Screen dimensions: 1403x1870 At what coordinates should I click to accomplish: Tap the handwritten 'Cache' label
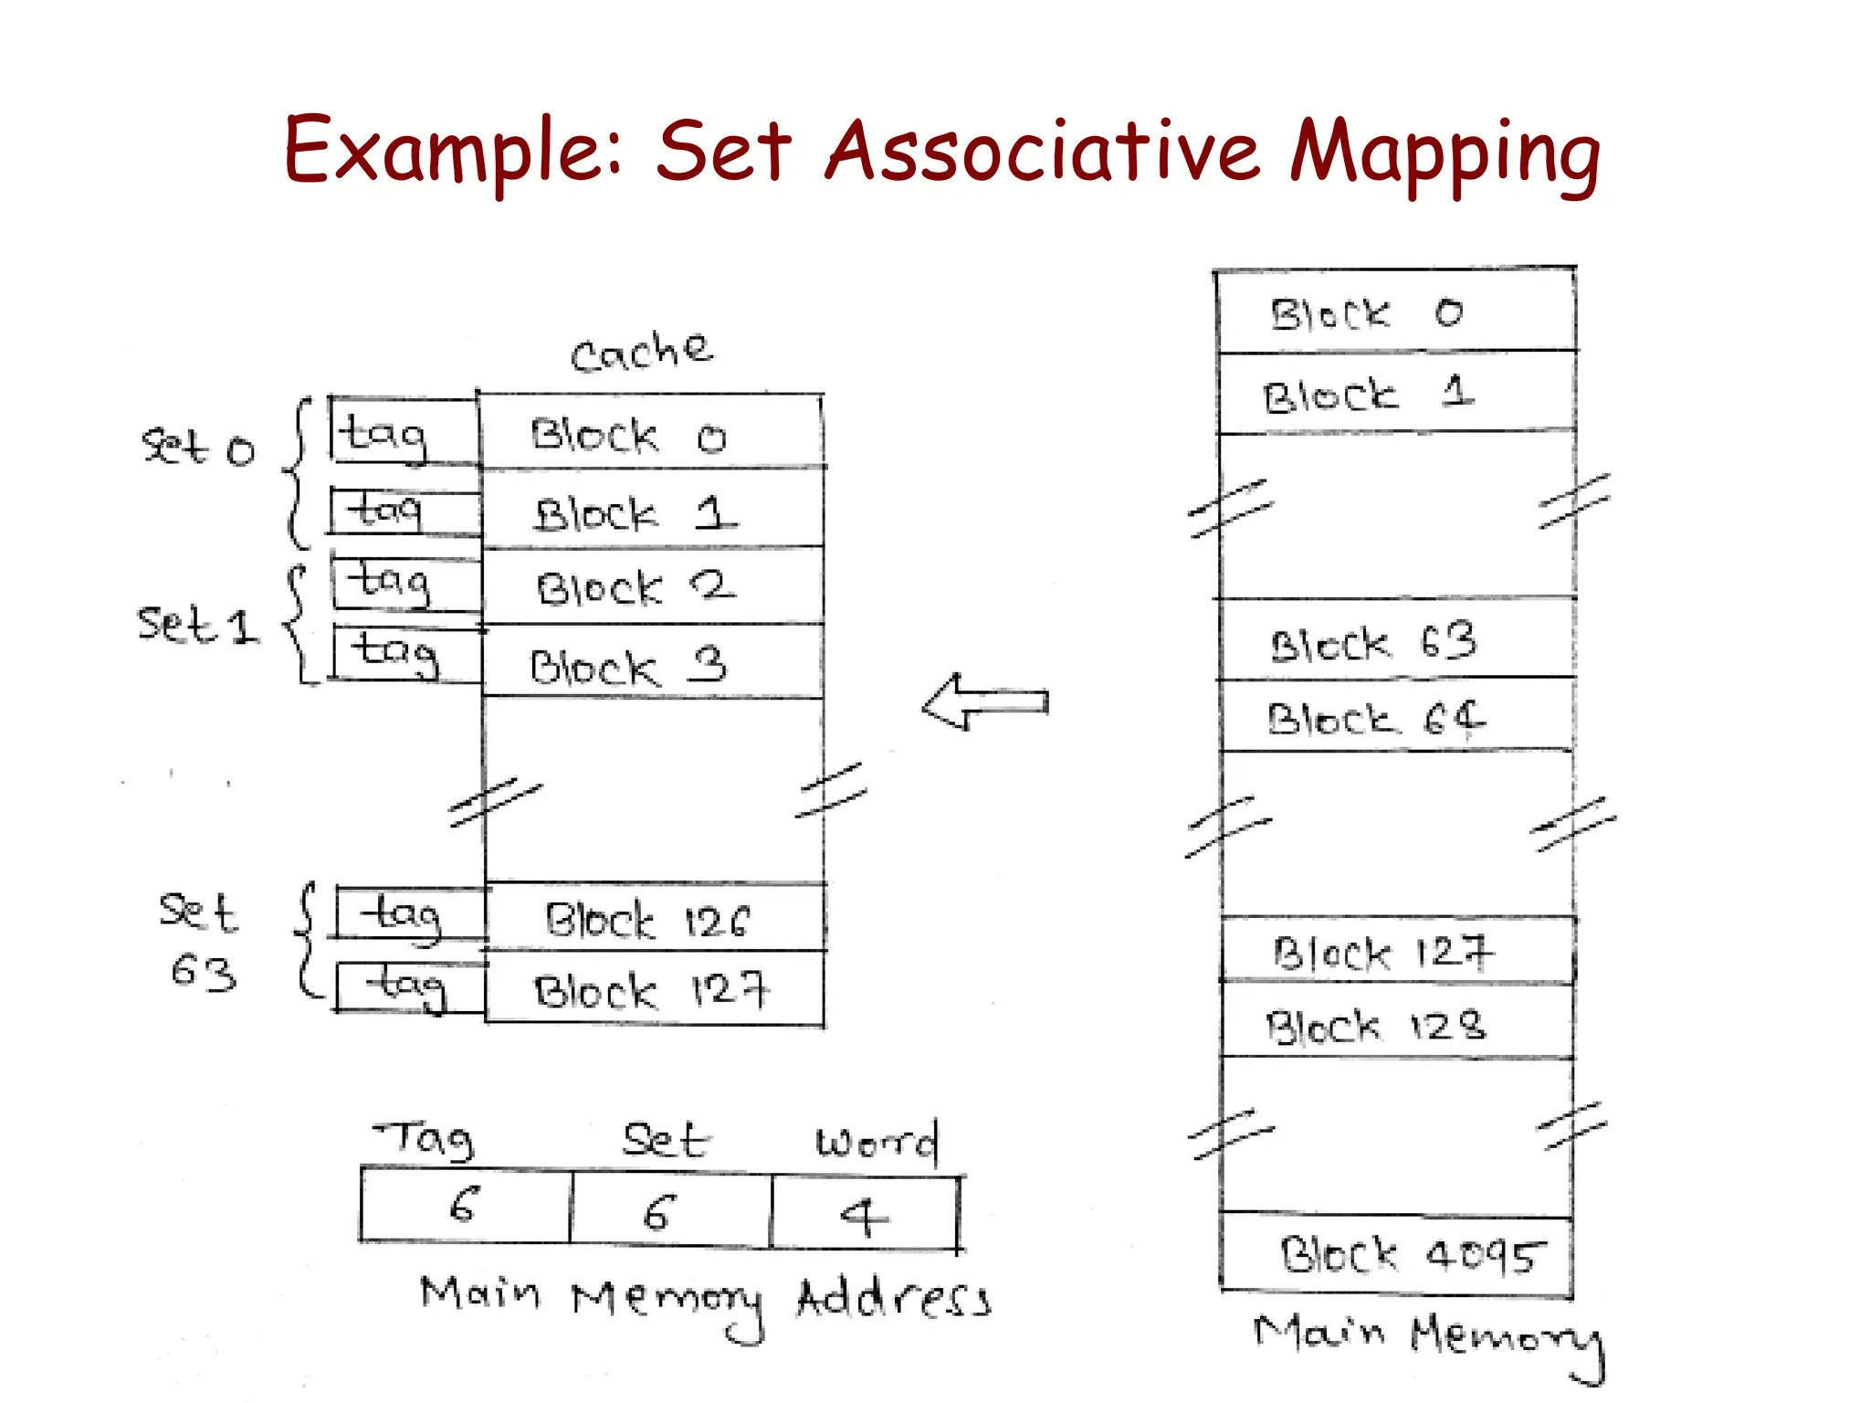pos(641,353)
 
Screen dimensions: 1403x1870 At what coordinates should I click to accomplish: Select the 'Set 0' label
pos(197,448)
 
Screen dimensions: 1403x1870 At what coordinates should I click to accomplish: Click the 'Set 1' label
pos(197,626)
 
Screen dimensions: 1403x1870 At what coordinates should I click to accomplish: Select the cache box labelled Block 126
pos(655,919)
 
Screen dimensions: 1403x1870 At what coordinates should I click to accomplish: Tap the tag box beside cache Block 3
pos(405,654)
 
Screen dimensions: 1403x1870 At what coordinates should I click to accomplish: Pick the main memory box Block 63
pos(1394,640)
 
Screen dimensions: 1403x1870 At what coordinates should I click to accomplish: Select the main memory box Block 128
pos(1394,1024)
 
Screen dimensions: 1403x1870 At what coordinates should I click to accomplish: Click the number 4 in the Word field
pos(864,1216)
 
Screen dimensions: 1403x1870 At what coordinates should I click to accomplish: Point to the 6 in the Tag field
pos(465,1205)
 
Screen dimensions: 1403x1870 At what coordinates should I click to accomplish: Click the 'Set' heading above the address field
pos(665,1141)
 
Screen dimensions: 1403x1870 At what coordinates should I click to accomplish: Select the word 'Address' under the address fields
pos(893,1298)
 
